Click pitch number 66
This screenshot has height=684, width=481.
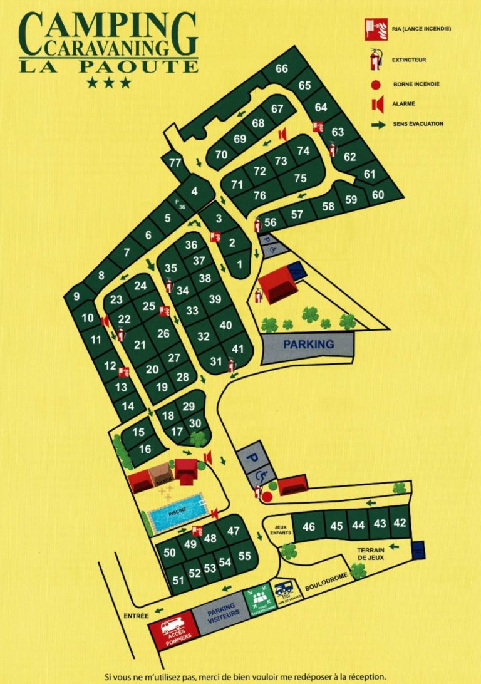(281, 68)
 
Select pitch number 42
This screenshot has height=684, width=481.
(399, 522)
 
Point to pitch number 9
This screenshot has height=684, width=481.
(76, 296)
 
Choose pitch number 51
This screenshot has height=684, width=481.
(179, 580)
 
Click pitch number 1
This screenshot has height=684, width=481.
(239, 264)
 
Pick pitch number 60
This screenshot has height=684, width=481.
(378, 194)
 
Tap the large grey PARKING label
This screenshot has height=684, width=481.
(308, 345)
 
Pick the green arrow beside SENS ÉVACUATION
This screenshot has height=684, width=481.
(377, 124)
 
